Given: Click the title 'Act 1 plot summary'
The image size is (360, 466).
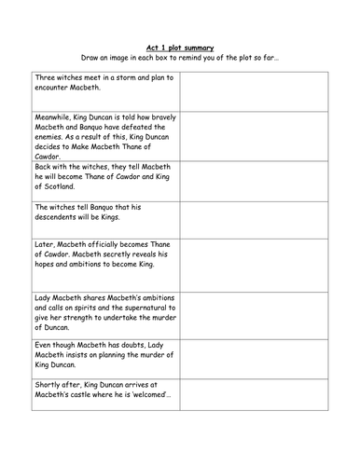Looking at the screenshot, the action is click(179, 46).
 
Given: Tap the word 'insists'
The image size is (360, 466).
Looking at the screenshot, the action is click(78, 356).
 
